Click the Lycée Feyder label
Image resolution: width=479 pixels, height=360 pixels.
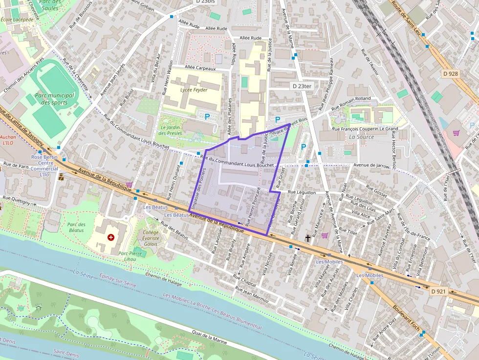pyautogui.click(x=194, y=90)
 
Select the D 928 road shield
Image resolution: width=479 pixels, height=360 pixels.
pyautogui.click(x=450, y=73)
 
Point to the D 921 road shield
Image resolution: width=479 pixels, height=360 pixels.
pyautogui.click(x=439, y=291)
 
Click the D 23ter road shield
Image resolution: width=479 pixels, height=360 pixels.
pyautogui.click(x=302, y=86)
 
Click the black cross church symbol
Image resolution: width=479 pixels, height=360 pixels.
pyautogui.click(x=308, y=238)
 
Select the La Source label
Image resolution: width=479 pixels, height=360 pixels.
pyautogui.click(x=361, y=137)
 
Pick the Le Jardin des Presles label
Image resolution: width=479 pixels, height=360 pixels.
pyautogui.click(x=171, y=130)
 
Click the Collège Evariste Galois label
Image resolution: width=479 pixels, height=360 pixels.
pyautogui.click(x=151, y=238)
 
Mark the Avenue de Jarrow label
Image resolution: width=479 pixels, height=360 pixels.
pyautogui.click(x=374, y=166)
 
